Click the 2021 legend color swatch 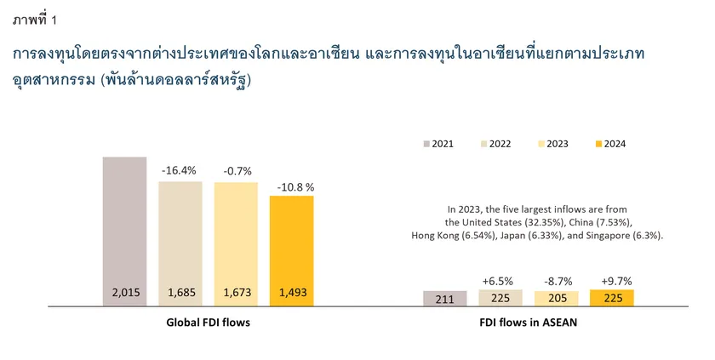[x=425, y=144]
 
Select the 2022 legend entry [x=495, y=144]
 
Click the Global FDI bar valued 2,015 [x=124, y=230]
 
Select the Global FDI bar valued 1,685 [x=180, y=243]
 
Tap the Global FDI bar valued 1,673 [x=236, y=243]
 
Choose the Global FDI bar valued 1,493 [x=292, y=250]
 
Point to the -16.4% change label [x=180, y=171]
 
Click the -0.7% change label [x=236, y=172]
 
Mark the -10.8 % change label [x=292, y=186]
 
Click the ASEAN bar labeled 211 [x=444, y=298]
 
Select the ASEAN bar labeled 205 [x=557, y=298]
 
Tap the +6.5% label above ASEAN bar [x=500, y=280]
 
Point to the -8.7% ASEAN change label [x=557, y=280]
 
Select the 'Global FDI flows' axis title [x=208, y=323]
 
